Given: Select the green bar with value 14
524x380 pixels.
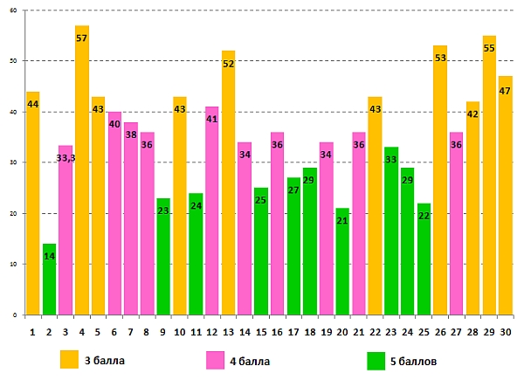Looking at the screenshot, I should click(x=49, y=280).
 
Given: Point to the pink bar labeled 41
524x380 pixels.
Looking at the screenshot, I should click(x=212, y=211).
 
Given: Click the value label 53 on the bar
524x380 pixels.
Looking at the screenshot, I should click(x=440, y=58).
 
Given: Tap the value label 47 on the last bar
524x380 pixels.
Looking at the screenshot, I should click(x=506, y=90).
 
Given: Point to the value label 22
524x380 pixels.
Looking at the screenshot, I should click(x=424, y=216).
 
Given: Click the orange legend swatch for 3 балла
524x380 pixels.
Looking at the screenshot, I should click(x=70, y=359).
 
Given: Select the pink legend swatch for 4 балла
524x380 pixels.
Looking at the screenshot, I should click(x=215, y=359).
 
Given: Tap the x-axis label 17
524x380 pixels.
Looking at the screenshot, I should click(x=293, y=332).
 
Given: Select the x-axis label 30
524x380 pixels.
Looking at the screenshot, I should click(x=506, y=332).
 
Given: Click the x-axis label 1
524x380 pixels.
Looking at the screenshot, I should click(x=32, y=332).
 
